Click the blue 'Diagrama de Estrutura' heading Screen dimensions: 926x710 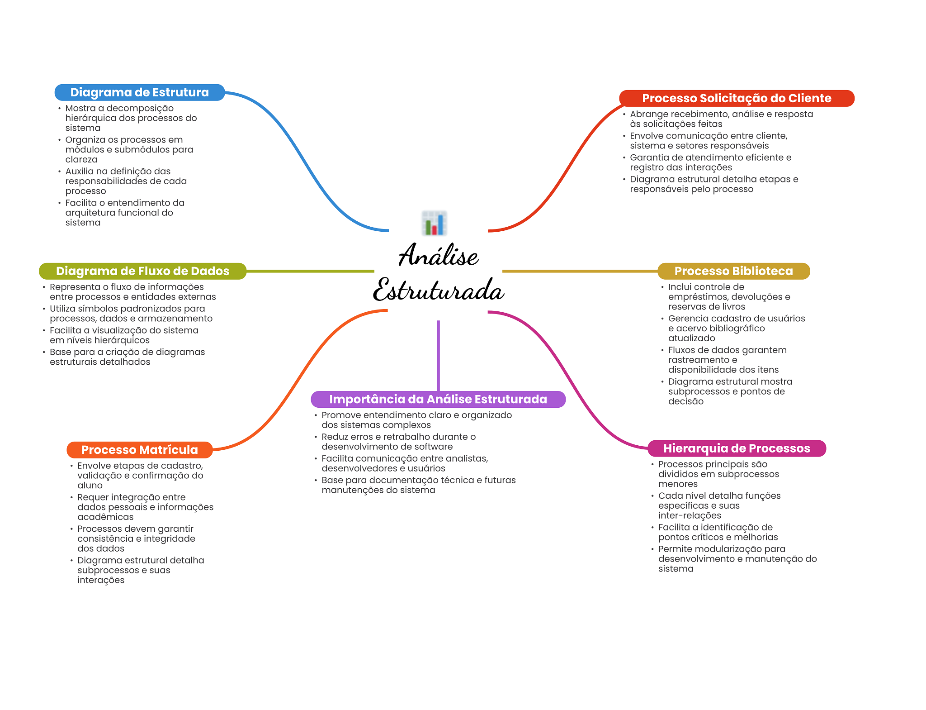(x=139, y=92)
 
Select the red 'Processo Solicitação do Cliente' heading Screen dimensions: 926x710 (x=737, y=98)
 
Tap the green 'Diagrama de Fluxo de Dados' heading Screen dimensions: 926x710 (x=142, y=271)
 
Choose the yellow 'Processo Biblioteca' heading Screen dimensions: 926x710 (x=733, y=271)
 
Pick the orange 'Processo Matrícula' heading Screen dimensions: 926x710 (x=139, y=450)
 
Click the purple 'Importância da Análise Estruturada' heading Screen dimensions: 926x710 (x=438, y=399)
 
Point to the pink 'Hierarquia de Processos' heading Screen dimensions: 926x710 (x=737, y=448)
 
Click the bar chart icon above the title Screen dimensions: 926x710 (x=434, y=223)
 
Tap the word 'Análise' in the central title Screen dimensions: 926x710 (x=438, y=255)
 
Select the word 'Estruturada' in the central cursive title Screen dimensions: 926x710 (x=438, y=290)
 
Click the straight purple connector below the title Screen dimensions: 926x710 (x=438, y=355)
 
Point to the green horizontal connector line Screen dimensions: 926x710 (x=310, y=271)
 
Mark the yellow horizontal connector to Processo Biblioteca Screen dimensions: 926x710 (x=580, y=271)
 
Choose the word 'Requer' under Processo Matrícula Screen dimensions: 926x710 (x=92, y=497)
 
